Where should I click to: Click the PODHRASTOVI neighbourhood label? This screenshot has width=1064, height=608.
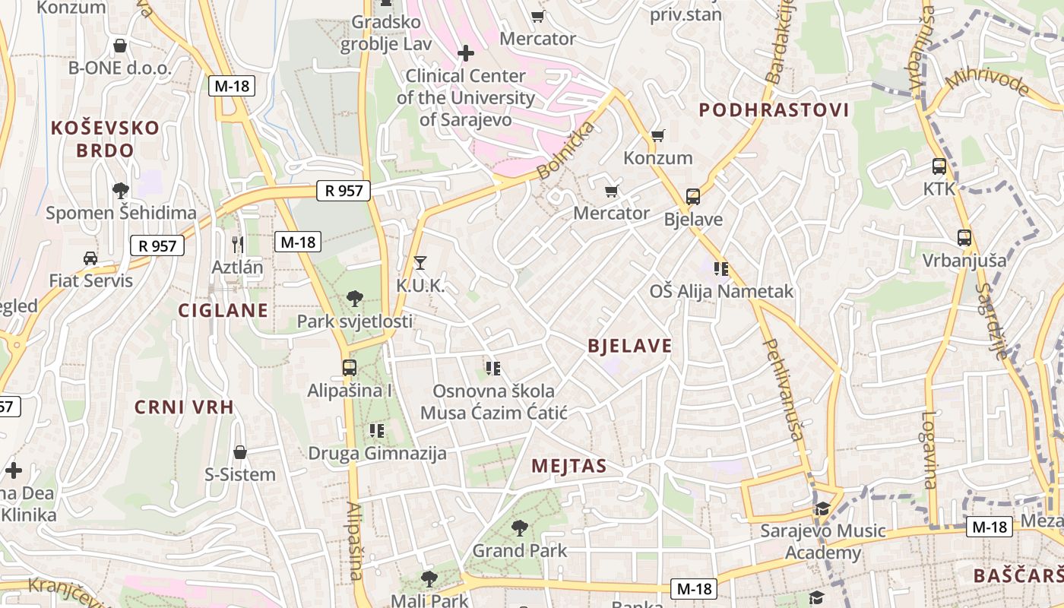[774, 110]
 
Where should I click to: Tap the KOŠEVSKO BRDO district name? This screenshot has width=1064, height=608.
[105, 138]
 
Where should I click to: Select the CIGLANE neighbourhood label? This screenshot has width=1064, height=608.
[223, 310]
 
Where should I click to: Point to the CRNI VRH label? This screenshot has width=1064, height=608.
[184, 407]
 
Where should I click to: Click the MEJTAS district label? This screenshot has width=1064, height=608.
[569, 466]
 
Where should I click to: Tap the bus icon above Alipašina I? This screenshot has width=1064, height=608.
[350, 368]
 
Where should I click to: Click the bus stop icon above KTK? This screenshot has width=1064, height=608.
[939, 166]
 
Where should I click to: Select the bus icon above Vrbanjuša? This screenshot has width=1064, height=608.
[964, 238]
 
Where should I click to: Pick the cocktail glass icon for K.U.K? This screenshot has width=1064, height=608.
[420, 263]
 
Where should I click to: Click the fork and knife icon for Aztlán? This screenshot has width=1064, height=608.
[238, 244]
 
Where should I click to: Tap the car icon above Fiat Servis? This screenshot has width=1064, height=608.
[90, 258]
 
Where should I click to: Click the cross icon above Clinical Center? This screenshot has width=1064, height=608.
[466, 53]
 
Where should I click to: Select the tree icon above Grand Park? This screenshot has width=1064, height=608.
[520, 527]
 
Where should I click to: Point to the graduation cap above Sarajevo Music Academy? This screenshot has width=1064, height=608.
[822, 508]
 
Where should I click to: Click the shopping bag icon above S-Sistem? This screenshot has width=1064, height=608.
[240, 452]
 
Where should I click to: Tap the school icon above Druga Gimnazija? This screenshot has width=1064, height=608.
[377, 431]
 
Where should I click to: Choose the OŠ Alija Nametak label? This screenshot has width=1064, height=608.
[721, 291]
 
